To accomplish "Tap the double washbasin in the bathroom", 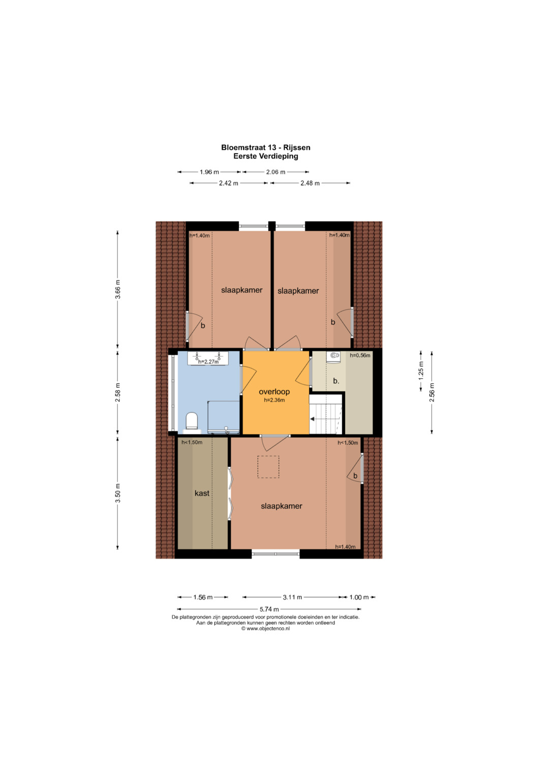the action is coord(208,358).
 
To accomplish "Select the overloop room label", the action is coord(274,392).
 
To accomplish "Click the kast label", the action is coord(202,493).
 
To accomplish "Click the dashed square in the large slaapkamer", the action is coord(268,467).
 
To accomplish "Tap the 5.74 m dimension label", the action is coord(269,609).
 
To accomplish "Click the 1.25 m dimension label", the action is coord(421,370).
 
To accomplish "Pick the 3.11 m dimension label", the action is coord(292,597).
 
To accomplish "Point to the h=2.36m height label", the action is coord(274,400).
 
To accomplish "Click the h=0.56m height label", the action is coord(360,355).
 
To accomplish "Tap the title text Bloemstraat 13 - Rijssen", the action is coord(266,147).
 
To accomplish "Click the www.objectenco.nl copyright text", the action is coord(265,629).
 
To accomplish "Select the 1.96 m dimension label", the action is coord(209,172).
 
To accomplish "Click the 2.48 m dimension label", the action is coord(310,183).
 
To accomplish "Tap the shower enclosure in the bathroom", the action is coord(224,417).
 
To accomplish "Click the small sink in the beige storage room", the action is coord(333,356).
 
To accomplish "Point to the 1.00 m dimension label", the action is coord(359,597).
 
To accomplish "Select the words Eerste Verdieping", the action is coord(266,156).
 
